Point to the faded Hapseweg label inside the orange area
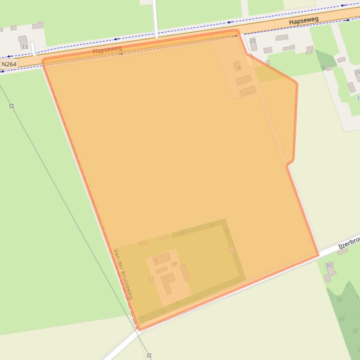click(x=108, y=50)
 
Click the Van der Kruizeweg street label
click(x=124, y=274)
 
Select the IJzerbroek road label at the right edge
click(x=349, y=242)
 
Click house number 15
click(x=25, y=47)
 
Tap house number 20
click(x=253, y=41)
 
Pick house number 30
click(x=329, y=266)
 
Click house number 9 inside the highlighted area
click(x=155, y=260)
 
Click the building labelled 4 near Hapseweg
click(x=238, y=66)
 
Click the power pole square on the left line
click(x=12, y=106)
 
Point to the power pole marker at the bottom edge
click(x=149, y=355)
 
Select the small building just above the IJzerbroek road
click(x=343, y=252)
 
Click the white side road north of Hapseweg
click(x=155, y=19)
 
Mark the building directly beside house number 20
click(x=254, y=47)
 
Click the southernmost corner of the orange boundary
click(x=140, y=329)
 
